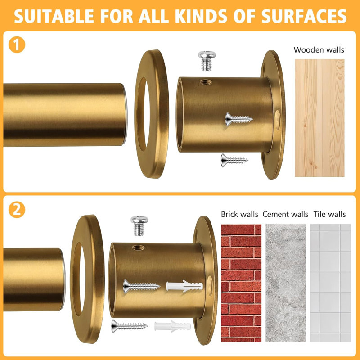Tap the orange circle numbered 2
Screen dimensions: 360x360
click(17, 210)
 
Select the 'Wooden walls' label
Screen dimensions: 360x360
click(319, 50)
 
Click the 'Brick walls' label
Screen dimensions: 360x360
click(239, 214)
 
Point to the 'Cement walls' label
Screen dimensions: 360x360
click(285, 214)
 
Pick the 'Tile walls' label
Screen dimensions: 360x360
click(329, 214)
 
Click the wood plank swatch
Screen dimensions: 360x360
click(319, 118)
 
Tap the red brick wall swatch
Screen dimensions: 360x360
click(241, 283)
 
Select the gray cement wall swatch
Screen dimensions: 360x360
click(286, 283)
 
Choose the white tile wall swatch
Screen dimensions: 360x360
click(330, 283)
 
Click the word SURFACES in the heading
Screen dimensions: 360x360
click(304, 16)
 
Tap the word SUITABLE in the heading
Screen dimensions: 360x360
click(54, 16)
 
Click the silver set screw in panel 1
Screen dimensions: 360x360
click(207, 61)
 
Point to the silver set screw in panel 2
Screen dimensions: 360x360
click(139, 226)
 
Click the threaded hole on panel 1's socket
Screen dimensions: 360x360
click(206, 82)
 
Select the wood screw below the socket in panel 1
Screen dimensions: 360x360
click(234, 160)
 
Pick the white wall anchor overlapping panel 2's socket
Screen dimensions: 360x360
click(184, 286)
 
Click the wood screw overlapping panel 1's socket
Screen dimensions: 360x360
click(239, 119)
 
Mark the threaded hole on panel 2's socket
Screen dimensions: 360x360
click(139, 247)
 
